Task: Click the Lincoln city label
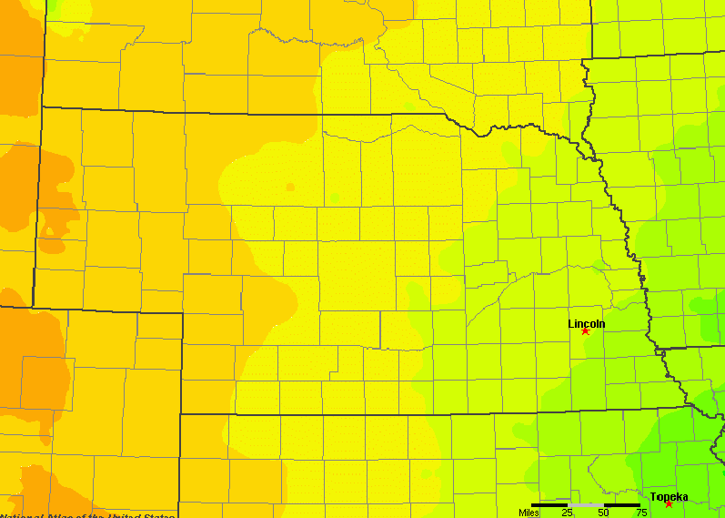click(586, 323)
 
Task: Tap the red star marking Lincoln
click(585, 331)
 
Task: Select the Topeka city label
click(669, 496)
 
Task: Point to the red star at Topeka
click(669, 504)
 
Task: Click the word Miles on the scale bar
click(529, 513)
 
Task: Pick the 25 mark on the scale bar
click(567, 513)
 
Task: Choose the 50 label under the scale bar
click(604, 513)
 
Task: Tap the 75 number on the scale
click(640, 513)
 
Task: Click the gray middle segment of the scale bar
click(586, 504)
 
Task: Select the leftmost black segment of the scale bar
click(549, 504)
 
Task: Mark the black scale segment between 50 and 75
click(622, 504)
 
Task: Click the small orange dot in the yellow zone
click(290, 187)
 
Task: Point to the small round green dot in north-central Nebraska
click(335, 198)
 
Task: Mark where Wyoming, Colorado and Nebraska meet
click(34, 307)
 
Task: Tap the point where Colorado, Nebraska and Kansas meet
click(180, 414)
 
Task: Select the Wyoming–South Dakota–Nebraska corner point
click(42, 107)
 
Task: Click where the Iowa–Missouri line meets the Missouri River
click(657, 349)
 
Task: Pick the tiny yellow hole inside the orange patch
click(47, 244)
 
